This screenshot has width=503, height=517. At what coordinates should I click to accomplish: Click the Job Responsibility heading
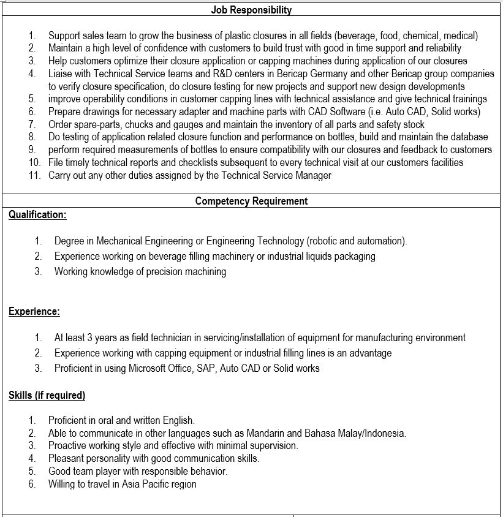[x=251, y=10]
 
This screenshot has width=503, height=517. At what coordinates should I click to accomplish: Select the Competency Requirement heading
[x=251, y=201]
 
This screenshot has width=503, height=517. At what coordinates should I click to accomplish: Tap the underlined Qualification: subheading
[x=37, y=215]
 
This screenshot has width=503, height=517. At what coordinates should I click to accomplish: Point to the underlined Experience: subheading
[x=34, y=312]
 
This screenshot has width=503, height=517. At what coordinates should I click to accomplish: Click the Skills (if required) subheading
[x=47, y=395]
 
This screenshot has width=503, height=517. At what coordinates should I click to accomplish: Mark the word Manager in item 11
[x=313, y=175]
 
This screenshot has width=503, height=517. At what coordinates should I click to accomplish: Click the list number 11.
[x=34, y=175]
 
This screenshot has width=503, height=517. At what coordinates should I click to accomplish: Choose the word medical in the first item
[x=460, y=36]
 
